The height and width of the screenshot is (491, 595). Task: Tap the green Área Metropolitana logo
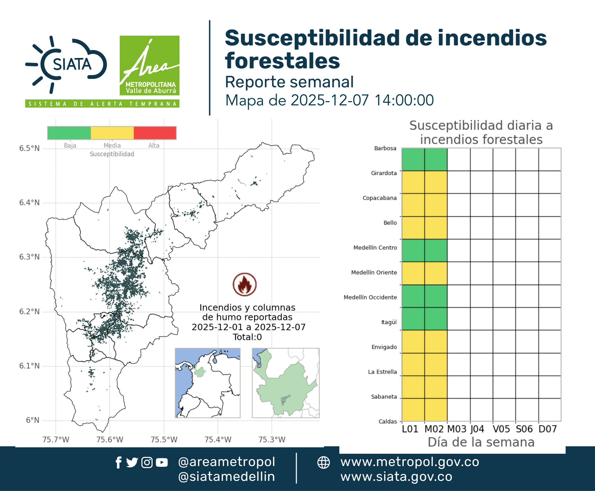[x=149, y=65]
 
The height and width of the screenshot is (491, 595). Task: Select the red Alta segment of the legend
[x=155, y=133]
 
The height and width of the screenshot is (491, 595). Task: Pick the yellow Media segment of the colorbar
[x=112, y=133]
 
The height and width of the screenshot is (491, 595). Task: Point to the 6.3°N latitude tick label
[x=29, y=257]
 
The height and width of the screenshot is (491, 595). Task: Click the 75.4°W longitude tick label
[x=218, y=439]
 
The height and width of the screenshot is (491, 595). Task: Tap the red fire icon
[x=245, y=284]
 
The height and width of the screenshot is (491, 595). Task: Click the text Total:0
[x=247, y=337]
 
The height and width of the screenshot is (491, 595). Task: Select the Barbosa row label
[x=385, y=148]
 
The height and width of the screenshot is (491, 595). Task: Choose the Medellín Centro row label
[x=375, y=247]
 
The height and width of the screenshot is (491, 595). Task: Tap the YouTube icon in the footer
[x=162, y=463]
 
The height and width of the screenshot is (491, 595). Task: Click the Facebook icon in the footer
[x=118, y=463]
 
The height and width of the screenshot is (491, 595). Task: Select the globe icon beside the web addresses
[x=323, y=463]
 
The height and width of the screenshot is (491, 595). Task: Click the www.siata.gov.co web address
[x=396, y=477]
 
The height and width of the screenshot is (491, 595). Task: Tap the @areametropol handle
[x=227, y=462]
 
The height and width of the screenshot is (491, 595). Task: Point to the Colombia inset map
[x=208, y=383]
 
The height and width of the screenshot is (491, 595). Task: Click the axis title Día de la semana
[x=481, y=442]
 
